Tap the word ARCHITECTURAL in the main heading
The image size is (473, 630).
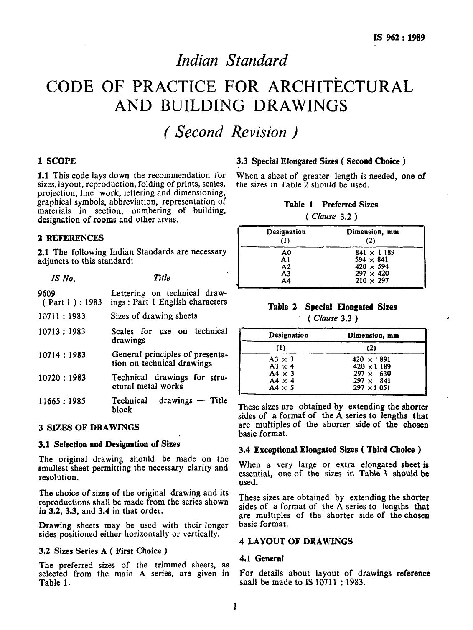tap(335, 86)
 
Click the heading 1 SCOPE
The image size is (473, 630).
tap(57, 161)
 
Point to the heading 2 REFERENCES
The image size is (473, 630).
tap(70, 238)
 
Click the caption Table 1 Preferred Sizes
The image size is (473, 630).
tap(331, 205)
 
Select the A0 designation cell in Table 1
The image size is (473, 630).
tap(286, 253)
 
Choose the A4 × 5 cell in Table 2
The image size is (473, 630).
tap(282, 387)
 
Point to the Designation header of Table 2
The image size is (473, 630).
tap(288, 335)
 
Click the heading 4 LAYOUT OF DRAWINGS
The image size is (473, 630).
tap(296, 541)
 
